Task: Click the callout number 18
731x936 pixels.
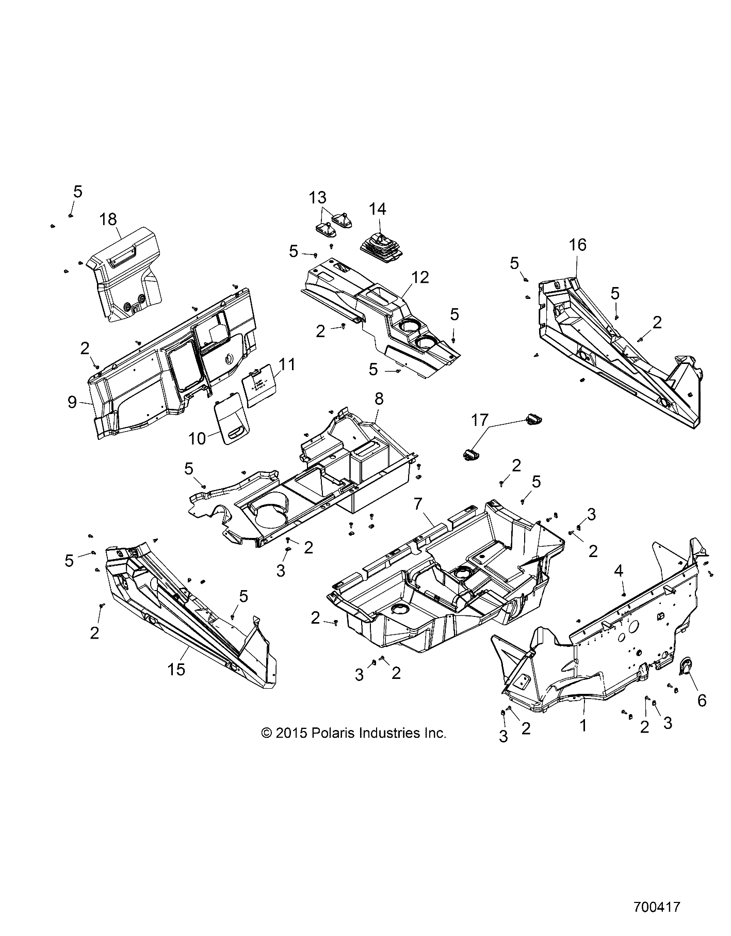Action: click(108, 219)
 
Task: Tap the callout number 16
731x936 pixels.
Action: click(578, 245)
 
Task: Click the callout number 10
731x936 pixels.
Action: click(198, 438)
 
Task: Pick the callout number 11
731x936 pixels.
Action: click(288, 364)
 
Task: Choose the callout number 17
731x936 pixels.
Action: click(480, 420)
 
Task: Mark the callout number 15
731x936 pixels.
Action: click(176, 670)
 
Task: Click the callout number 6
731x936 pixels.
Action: click(702, 700)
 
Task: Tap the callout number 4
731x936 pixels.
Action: click(619, 570)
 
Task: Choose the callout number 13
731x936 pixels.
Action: click(318, 197)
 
